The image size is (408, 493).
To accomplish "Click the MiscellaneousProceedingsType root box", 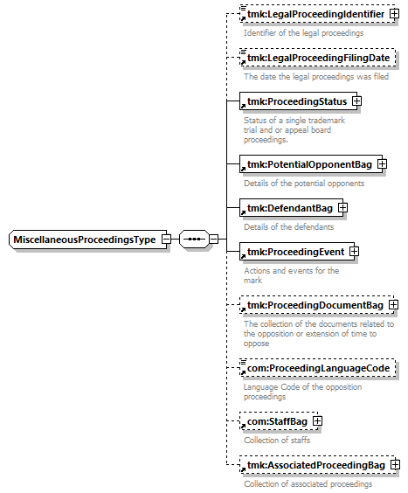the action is (88, 240).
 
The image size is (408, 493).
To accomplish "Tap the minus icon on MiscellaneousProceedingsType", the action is (166, 240).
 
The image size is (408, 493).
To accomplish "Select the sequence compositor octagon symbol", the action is (194, 240).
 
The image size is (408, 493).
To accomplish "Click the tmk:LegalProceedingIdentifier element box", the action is (317, 14).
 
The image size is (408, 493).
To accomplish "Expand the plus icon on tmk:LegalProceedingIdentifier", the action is (394, 14).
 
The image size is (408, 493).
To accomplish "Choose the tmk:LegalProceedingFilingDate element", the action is (317, 58).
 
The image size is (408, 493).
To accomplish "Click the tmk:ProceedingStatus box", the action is (298, 101).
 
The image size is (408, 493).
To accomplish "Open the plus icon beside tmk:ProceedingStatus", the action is (356, 101).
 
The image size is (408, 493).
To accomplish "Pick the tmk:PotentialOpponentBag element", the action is (310, 164).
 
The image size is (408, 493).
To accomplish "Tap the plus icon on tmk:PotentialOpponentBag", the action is (382, 163).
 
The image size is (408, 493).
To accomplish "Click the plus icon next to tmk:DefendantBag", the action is (343, 207).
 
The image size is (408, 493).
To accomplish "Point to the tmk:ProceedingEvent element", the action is (297, 252).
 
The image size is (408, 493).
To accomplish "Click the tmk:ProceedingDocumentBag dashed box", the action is (316, 305).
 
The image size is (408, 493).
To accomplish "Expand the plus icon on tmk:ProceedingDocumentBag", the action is (393, 305).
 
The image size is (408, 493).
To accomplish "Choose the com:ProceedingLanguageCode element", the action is (317, 368).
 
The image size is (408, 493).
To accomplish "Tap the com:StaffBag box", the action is (279, 421).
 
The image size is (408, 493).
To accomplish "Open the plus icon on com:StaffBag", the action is (317, 421).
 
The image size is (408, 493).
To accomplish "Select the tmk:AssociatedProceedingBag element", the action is (317, 465).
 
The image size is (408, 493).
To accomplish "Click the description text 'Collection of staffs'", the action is (277, 441).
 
